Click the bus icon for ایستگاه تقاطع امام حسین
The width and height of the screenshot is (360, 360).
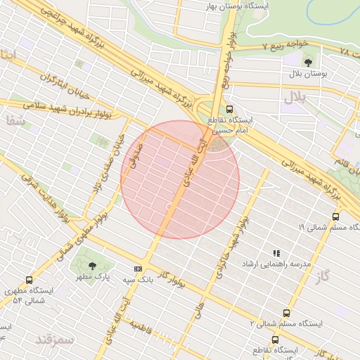(230, 109)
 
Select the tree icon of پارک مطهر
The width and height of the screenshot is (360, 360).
(93, 266)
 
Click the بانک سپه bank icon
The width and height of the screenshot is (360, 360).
(137, 268)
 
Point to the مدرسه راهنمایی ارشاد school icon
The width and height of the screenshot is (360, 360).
(276, 253)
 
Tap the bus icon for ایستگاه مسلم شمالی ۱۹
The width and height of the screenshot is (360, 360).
(335, 217)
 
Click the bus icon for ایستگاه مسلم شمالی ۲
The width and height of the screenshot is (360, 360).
(285, 313)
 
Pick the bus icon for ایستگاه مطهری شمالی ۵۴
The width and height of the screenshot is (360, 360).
(28, 280)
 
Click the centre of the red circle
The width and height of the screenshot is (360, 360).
(180, 179)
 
